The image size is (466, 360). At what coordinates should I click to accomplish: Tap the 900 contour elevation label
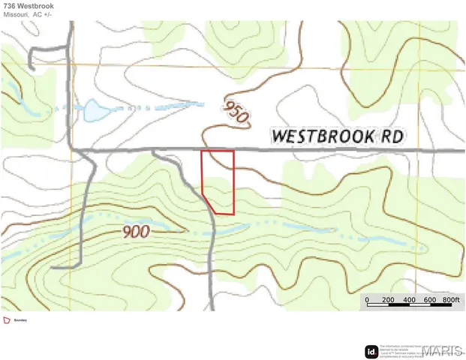click(x=135, y=232)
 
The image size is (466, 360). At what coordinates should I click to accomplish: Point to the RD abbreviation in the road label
click(x=393, y=136)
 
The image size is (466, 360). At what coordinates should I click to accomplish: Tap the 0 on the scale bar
click(x=367, y=300)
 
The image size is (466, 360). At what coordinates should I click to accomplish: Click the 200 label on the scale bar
click(x=388, y=300)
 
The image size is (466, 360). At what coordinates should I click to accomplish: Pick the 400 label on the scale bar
click(x=409, y=300)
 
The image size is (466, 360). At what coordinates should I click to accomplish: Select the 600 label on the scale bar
click(x=430, y=300)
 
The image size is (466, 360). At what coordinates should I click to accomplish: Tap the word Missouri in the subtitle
click(x=16, y=15)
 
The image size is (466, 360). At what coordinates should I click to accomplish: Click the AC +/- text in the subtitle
click(x=44, y=15)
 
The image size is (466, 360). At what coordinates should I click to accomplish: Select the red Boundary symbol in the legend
click(x=8, y=320)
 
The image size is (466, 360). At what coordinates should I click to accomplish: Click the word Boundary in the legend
click(x=21, y=320)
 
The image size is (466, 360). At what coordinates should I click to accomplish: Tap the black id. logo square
click(x=371, y=351)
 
